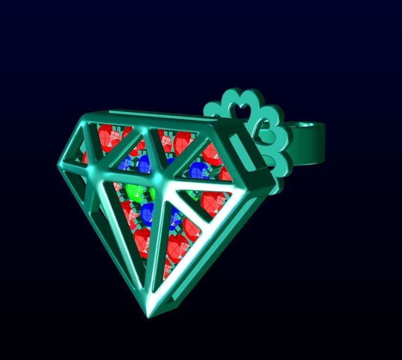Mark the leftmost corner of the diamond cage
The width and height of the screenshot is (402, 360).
pos(59,164)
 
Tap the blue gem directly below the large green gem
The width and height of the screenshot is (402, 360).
pos(148,213)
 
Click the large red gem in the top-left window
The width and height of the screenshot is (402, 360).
pos(106,136)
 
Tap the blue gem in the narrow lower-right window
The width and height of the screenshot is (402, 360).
pos(174,218)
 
